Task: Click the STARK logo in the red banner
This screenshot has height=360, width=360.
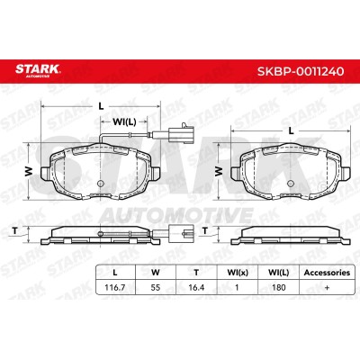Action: click(38, 70)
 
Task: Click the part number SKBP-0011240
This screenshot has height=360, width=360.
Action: click(301, 71)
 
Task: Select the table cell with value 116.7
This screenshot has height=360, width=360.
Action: click(115, 287)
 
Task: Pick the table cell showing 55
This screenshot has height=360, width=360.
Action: click(156, 287)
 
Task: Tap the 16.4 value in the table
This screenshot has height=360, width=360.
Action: click(196, 287)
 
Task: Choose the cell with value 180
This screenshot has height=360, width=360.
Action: click(278, 287)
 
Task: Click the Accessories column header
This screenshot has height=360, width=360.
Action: click(327, 273)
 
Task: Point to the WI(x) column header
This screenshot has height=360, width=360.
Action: click(238, 273)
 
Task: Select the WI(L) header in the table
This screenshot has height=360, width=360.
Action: click(279, 273)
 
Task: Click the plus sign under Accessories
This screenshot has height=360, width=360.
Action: click(327, 287)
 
